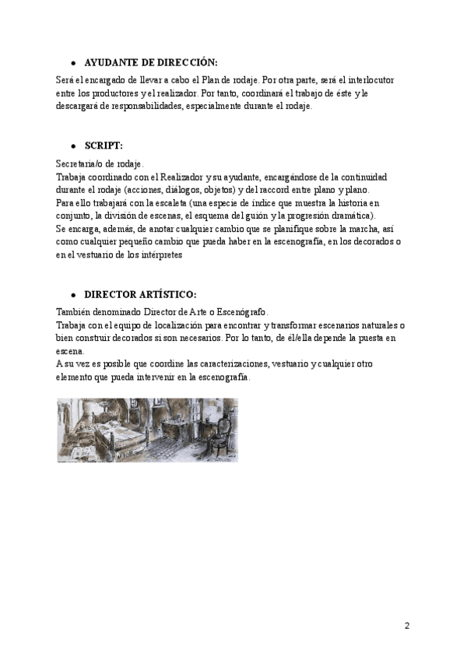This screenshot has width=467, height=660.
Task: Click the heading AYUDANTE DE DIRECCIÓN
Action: tap(151, 62)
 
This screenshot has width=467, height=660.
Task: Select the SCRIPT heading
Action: tap(104, 146)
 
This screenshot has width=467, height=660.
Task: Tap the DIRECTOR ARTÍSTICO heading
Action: tap(140, 295)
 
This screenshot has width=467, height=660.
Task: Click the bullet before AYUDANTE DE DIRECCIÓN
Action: tap(72, 63)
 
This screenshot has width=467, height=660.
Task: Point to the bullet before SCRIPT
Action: tap(72, 146)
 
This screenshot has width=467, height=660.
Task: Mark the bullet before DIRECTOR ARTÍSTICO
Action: tap(72, 296)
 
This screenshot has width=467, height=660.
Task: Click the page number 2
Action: tap(406, 626)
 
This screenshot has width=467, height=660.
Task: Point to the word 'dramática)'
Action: tap(351, 216)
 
